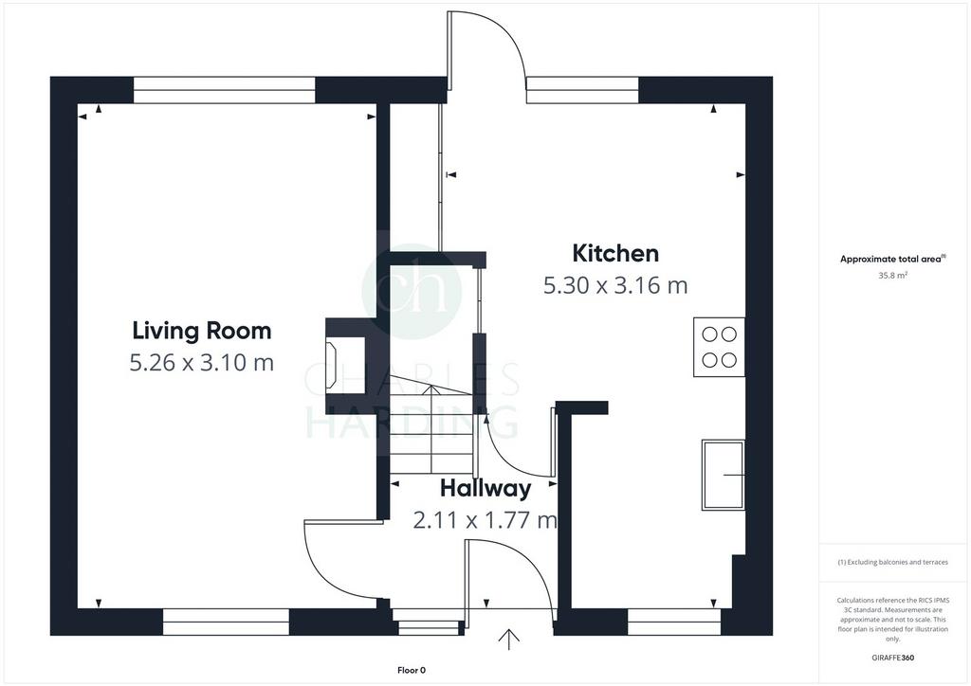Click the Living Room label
pos(202,331)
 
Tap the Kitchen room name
pos(614,253)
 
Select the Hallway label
pos(485,488)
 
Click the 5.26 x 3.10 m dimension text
pos(202,362)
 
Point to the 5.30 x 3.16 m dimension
pos(615,285)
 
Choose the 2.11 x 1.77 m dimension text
pos(485,519)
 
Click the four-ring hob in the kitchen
pos(719,347)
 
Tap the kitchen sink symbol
pos(723,475)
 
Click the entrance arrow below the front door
pos(508,640)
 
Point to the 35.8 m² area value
pos(892,276)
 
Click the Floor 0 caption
pos(412,670)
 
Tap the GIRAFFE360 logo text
pos(892,658)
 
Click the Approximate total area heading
pos(892,260)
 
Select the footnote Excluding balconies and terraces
pos(892,562)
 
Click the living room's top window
pos(224,90)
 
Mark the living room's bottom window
pos(226,622)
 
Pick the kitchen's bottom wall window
pos(674,622)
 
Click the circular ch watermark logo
pos(412,291)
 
